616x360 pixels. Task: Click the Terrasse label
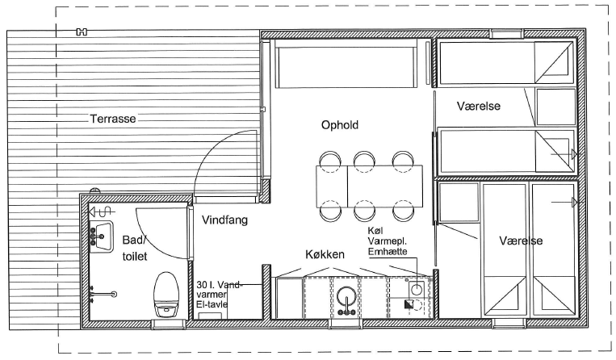(x=113, y=119)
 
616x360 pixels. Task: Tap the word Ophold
(x=340, y=125)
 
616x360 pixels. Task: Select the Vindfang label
(x=224, y=220)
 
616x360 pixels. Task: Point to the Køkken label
(x=325, y=254)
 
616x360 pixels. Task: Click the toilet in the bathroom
(x=166, y=294)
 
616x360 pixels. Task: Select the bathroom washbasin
(x=101, y=237)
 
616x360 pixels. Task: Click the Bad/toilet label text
(x=134, y=248)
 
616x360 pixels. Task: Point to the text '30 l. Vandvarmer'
(x=219, y=289)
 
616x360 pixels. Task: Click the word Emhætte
(x=388, y=252)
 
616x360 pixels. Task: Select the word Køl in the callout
(x=375, y=230)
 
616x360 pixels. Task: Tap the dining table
(x=369, y=186)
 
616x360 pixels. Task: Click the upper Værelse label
(x=479, y=106)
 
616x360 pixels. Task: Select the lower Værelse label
(x=521, y=241)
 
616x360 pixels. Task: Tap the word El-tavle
(x=212, y=303)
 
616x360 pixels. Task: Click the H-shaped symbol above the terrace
(x=82, y=32)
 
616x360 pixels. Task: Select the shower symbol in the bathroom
(x=102, y=212)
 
